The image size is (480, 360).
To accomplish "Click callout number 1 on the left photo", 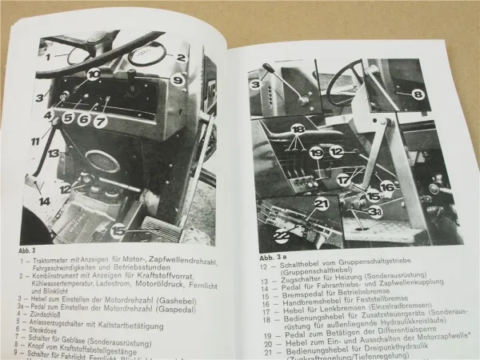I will click(x=49, y=56).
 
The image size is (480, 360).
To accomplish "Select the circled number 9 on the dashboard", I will click(x=178, y=80).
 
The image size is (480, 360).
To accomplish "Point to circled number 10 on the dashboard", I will click(x=94, y=74).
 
